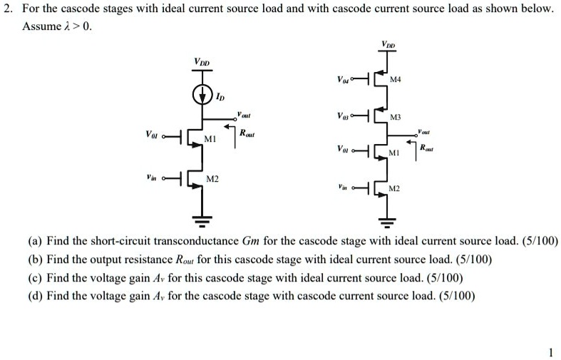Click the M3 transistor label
pyautogui.click(x=396, y=116)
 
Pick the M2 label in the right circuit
pyautogui.click(x=395, y=188)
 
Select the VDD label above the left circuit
pyautogui.click(x=202, y=63)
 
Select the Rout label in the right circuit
pyautogui.click(x=428, y=148)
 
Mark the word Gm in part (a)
pyautogui.click(x=252, y=241)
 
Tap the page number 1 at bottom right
pyautogui.click(x=550, y=351)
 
